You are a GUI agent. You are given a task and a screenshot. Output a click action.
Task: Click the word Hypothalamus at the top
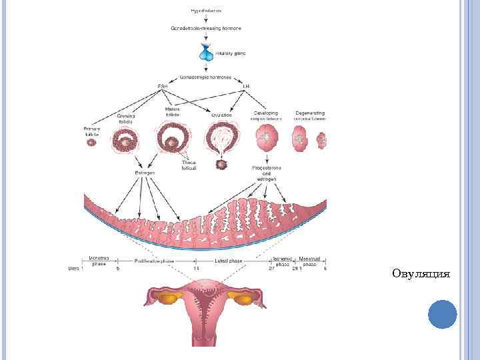pyautogui.click(x=205, y=11)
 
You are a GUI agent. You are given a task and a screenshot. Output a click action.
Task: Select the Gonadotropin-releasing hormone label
pyautogui.click(x=205, y=29)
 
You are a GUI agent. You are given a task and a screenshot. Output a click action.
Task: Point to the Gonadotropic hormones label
pyautogui.click(x=205, y=77)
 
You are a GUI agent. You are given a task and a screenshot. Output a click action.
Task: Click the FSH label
pyautogui.click(x=162, y=87)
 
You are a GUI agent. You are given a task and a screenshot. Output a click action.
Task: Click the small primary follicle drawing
pyautogui.click(x=91, y=142)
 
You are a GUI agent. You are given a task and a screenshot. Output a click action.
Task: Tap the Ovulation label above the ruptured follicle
pyautogui.click(x=221, y=115)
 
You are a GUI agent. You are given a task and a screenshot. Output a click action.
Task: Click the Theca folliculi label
pyautogui.click(x=189, y=165)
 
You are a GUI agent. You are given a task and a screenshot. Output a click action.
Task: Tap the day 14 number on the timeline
pyautogui.click(x=197, y=268)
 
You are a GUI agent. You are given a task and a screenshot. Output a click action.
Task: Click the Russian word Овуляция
pyautogui.click(x=421, y=273)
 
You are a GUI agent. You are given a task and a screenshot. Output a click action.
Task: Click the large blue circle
pyautogui.click(x=442, y=314)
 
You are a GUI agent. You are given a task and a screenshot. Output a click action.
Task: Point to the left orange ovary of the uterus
pyautogui.click(x=165, y=299)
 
